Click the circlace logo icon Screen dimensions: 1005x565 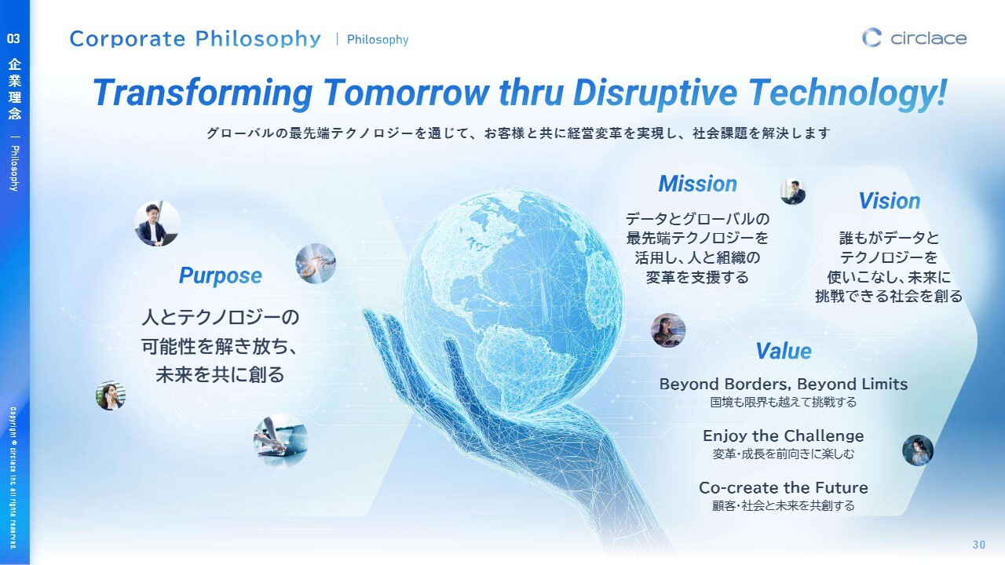point(872,38)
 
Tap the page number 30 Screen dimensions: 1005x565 point(979,545)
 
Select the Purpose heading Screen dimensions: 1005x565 point(221,275)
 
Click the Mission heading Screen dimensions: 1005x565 point(698,184)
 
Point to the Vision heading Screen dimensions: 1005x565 point(890,201)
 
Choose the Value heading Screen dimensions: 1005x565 point(784,351)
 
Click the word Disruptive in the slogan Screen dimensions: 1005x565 point(655,93)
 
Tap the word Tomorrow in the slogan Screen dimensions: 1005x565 point(406,93)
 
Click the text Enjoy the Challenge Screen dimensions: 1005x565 point(784,436)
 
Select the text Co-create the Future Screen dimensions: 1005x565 point(784,488)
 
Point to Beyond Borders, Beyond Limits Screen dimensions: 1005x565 point(784,385)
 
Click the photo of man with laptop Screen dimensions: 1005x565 point(158,224)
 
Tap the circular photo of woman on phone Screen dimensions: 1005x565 point(111,395)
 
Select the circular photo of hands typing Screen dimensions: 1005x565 point(281,441)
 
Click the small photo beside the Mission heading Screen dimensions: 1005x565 point(793,191)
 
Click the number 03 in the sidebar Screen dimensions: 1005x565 point(13,38)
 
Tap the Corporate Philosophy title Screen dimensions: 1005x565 point(196,39)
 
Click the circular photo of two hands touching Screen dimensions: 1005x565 point(316,264)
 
